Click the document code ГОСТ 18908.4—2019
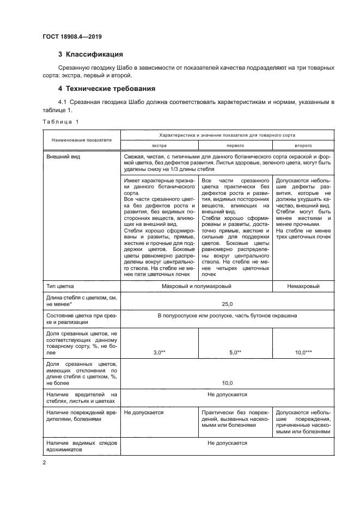(72, 36)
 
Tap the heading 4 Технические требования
(107, 88)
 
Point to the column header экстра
(159, 146)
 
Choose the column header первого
(235, 146)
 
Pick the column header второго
(303, 146)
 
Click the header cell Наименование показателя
(82, 140)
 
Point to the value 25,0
(227, 304)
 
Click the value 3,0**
(159, 353)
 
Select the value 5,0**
(235, 353)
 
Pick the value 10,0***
(303, 353)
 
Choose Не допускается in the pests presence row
(227, 394)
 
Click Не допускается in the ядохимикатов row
(227, 443)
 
